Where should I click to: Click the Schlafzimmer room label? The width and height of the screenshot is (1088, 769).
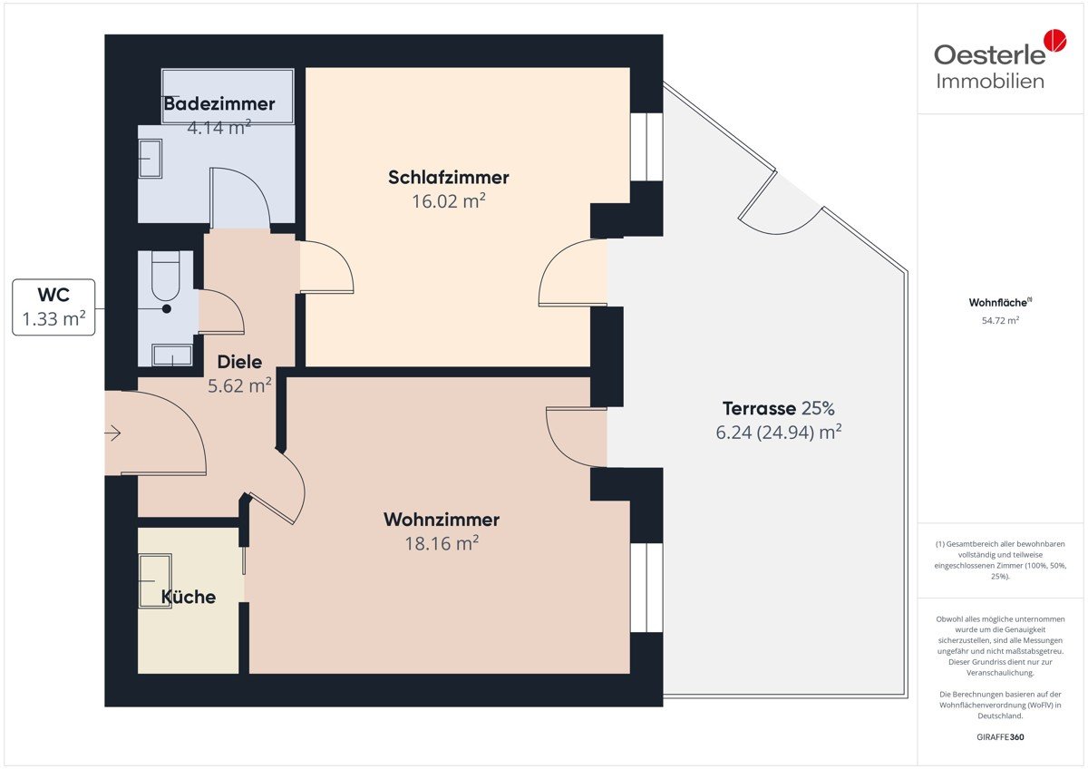(x=448, y=178)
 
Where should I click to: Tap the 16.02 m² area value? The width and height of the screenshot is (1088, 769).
(x=448, y=201)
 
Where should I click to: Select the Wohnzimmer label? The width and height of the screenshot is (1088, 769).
(x=442, y=520)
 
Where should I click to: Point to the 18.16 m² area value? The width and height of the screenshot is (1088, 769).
(x=442, y=543)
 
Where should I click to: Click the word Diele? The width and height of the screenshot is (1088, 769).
(x=239, y=362)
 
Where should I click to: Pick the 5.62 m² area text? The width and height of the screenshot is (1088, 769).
(x=239, y=385)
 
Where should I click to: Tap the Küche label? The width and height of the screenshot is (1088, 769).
(x=189, y=597)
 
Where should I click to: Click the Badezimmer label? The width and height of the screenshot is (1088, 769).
(x=219, y=103)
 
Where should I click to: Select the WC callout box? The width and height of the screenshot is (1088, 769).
(x=53, y=307)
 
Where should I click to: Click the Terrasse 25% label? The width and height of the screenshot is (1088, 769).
(x=778, y=409)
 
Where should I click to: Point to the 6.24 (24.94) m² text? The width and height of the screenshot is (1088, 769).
(x=778, y=433)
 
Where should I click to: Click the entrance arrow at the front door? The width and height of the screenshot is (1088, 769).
(x=113, y=433)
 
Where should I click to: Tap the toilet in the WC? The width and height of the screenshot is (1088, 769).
(x=166, y=277)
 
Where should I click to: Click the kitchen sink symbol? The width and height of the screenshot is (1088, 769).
(x=155, y=581)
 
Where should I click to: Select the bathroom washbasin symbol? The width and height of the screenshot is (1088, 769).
(x=151, y=159)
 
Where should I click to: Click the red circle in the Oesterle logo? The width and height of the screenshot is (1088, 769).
(x=1055, y=40)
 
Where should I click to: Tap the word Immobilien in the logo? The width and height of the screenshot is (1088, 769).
(x=990, y=81)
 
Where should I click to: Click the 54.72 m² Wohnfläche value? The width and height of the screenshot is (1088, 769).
(x=1000, y=321)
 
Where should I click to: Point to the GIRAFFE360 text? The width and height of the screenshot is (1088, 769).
(x=1000, y=737)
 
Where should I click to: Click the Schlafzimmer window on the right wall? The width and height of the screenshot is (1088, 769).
(x=646, y=147)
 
